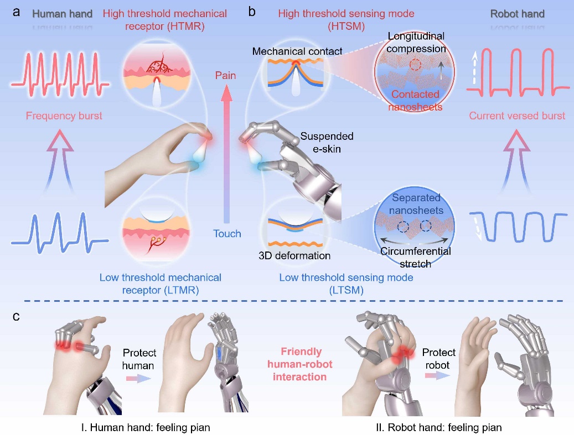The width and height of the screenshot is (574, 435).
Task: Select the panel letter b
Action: coord(252,11)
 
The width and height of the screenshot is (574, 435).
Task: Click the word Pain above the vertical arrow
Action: coord(225,75)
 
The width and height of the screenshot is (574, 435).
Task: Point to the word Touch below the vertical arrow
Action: coord(227,233)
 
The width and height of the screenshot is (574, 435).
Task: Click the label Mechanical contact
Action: coord(297,51)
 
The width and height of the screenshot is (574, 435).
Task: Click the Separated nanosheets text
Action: coord(417,205)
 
